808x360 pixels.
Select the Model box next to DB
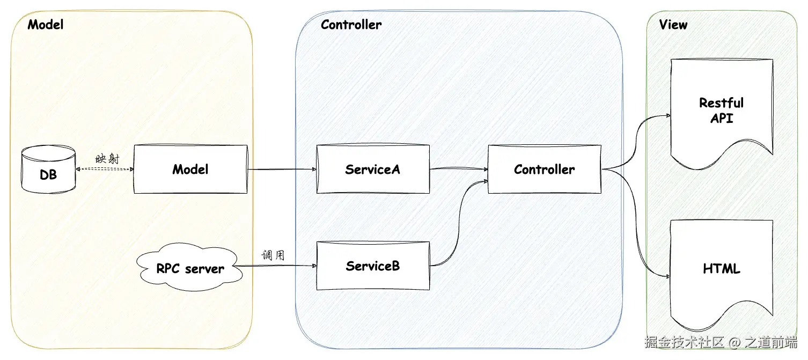pos(190,170)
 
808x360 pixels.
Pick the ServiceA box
pos(373,170)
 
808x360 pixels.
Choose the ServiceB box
pos(373,266)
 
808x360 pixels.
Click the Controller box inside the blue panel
pos(544,170)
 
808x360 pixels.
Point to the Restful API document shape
pos(721,110)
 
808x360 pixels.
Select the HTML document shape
pos(721,269)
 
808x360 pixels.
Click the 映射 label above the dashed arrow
pos(105,159)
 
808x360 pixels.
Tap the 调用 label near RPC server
pos(273,255)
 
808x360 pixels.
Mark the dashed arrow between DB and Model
pos(105,169)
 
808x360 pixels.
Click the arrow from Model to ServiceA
pos(282,170)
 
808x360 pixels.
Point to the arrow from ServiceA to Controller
pos(459,170)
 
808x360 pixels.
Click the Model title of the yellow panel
pos(45,24)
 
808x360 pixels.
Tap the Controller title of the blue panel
pos(351,24)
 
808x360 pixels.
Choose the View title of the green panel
pos(673,24)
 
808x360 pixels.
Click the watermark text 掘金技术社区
pos(684,342)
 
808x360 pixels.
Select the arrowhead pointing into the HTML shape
pos(667,276)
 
